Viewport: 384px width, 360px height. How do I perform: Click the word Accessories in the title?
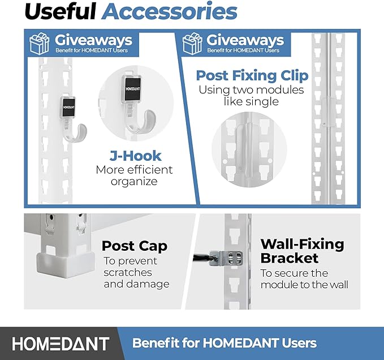169,12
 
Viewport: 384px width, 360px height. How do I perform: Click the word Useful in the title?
63,12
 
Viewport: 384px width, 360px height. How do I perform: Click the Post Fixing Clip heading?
252,76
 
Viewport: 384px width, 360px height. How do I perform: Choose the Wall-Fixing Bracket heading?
302,251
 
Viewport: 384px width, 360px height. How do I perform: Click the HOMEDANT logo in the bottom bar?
61,343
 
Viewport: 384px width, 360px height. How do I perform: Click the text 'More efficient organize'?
134,175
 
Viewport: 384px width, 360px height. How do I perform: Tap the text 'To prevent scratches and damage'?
136,272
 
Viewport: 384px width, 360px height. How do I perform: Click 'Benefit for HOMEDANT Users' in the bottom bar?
224,343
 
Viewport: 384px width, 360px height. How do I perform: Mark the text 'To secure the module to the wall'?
304,278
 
